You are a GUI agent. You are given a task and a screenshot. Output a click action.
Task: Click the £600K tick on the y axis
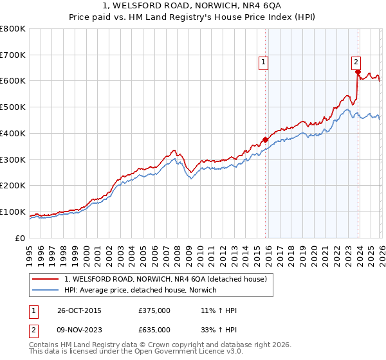click(x=13, y=81)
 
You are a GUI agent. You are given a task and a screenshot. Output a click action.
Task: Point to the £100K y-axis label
click(x=13, y=212)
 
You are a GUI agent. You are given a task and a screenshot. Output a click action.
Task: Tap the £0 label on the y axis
click(x=19, y=238)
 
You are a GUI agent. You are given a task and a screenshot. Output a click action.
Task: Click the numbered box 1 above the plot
click(x=264, y=62)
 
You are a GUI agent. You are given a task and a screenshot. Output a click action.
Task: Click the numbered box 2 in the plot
click(x=355, y=62)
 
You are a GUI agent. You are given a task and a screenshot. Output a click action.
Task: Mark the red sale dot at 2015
click(x=265, y=139)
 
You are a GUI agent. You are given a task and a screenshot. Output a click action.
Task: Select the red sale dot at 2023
click(x=358, y=72)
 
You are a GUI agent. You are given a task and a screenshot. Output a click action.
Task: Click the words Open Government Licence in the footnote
click(x=183, y=352)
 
